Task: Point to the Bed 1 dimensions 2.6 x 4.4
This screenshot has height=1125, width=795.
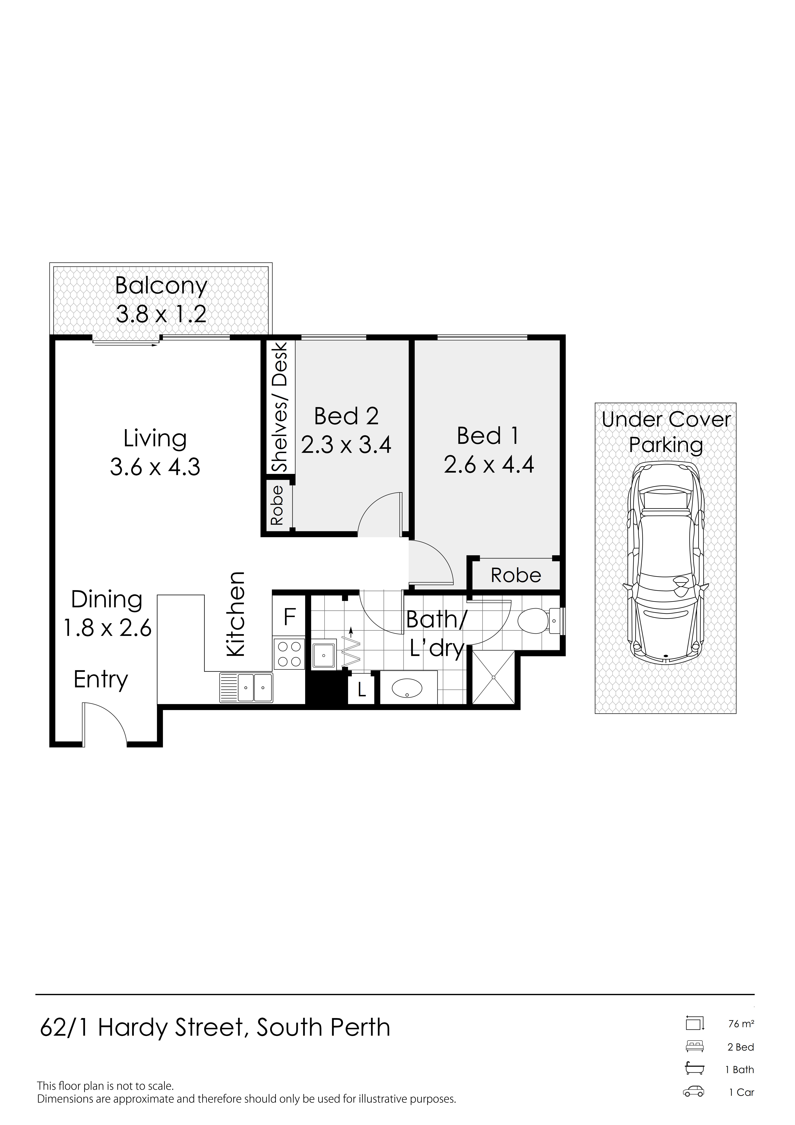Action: (x=489, y=464)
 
